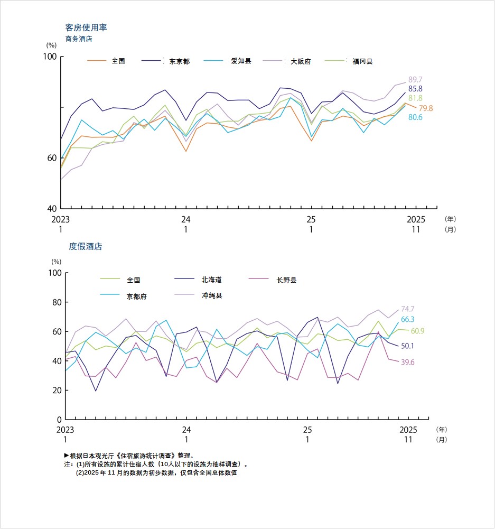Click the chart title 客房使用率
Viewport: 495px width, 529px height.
pyautogui.click(x=86, y=27)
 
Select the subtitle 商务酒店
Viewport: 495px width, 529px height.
pyautogui.click(x=79, y=39)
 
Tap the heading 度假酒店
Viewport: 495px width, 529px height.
pyautogui.click(x=85, y=246)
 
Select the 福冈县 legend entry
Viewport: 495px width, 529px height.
pyautogui.click(x=362, y=61)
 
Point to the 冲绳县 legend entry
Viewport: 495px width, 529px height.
pyautogui.click(x=212, y=295)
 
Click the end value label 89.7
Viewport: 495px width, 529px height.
pyautogui.click(x=415, y=79)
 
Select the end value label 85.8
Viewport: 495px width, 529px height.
pyautogui.click(x=415, y=89)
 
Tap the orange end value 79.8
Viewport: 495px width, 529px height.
pyautogui.click(x=426, y=108)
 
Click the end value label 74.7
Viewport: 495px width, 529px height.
pyautogui.click(x=407, y=309)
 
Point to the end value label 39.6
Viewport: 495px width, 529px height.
pyautogui.click(x=407, y=362)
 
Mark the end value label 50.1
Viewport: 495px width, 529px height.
pyautogui.click(x=407, y=346)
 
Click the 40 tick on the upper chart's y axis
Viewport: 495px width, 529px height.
pyautogui.click(x=52, y=209)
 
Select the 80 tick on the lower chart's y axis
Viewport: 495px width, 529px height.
pyautogui.click(x=56, y=302)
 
